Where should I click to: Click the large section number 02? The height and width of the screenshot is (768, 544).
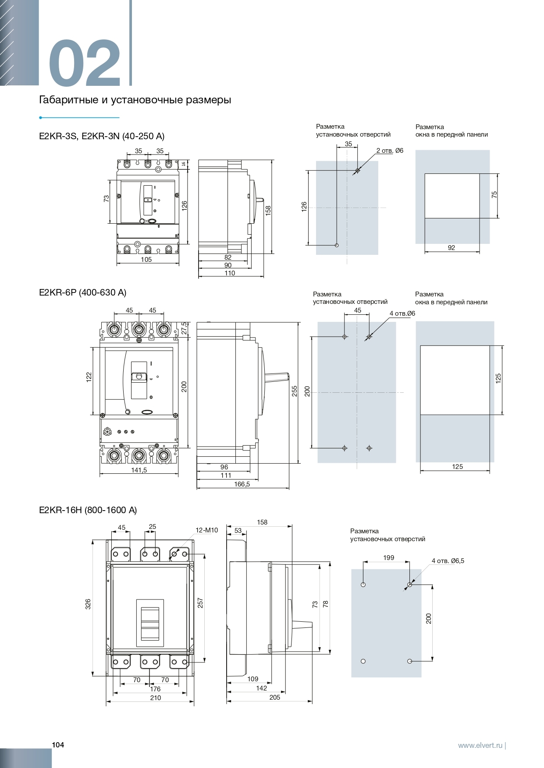[84, 63]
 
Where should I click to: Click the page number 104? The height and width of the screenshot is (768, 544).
[58, 745]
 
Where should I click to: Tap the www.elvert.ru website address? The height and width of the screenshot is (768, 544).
[480, 745]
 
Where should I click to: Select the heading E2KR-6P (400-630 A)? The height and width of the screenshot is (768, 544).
[82, 292]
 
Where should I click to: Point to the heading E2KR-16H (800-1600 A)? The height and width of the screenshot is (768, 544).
[88, 510]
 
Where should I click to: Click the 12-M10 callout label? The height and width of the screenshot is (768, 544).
[206, 530]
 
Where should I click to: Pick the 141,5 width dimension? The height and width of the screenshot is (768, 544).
[139, 470]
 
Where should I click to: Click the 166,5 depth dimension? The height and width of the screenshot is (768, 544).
[242, 484]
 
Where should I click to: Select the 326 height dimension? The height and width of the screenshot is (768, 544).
[88, 604]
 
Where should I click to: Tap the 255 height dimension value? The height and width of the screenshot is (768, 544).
[295, 391]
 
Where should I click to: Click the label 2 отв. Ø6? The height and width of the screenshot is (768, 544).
[390, 151]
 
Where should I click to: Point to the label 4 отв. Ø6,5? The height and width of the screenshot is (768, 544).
[448, 561]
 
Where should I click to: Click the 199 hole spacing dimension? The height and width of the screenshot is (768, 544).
[388, 558]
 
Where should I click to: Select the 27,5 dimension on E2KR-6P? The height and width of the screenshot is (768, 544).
[184, 328]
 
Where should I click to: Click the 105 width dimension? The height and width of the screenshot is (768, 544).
[146, 260]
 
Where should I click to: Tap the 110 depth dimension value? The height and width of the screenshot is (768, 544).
[230, 273]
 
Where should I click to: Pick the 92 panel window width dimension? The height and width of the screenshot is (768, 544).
[452, 248]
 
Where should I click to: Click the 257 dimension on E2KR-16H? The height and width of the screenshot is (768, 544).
[200, 603]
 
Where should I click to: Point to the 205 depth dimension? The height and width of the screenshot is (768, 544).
[274, 698]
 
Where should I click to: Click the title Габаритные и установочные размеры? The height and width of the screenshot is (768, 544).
[135, 100]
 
